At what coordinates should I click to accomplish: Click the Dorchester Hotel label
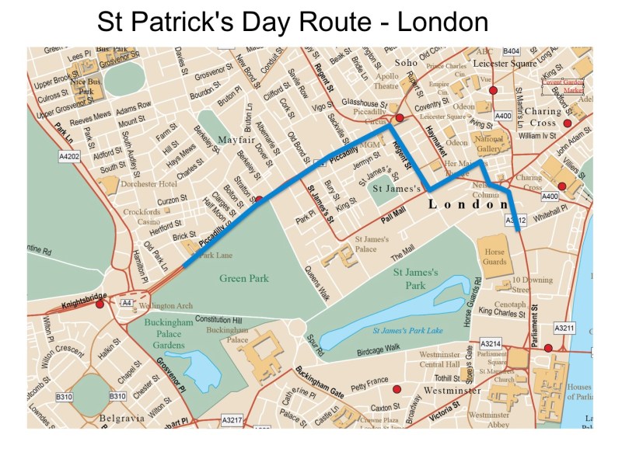[x=147, y=184]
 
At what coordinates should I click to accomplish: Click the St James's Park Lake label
[x=407, y=331]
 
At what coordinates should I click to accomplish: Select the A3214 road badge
[x=491, y=343]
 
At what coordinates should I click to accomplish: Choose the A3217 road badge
[x=232, y=420]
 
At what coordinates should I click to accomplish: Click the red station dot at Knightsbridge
[x=100, y=304]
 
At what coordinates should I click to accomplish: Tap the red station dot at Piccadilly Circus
[x=400, y=118]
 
